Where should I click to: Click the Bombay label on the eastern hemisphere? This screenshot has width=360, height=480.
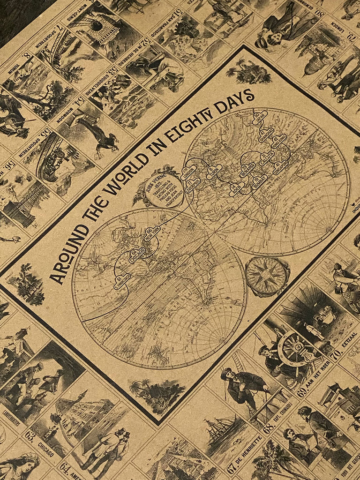259,180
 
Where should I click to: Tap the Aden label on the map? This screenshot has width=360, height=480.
237,189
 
